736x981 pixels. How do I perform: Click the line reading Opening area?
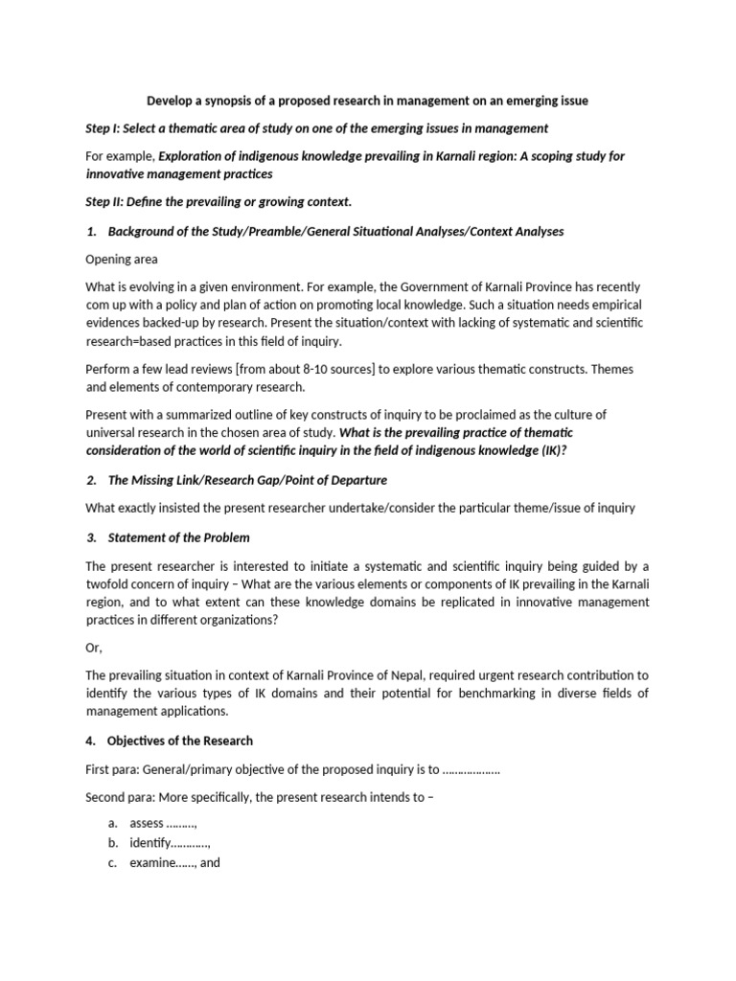[x=122, y=259]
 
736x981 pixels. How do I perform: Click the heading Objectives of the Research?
[x=181, y=741]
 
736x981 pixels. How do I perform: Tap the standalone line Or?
[x=95, y=648]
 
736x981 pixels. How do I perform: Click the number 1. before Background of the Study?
[x=92, y=231]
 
